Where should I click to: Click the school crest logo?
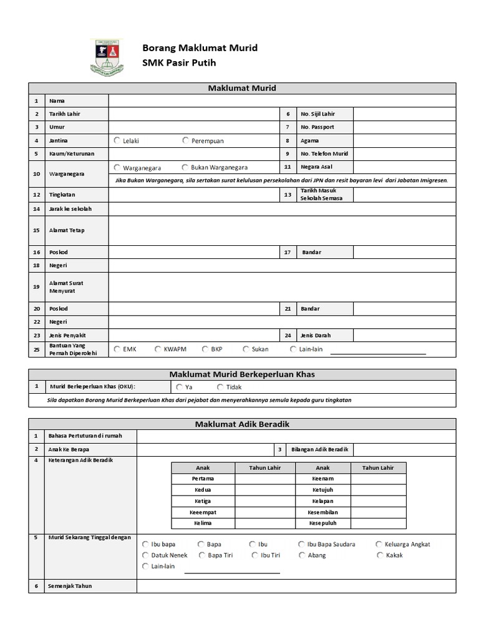107,57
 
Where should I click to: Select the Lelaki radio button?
117,140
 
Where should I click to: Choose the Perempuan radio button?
186,140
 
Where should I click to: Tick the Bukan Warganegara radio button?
185,167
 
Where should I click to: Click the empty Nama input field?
282,100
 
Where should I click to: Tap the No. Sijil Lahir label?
317,114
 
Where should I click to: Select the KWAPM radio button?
158,349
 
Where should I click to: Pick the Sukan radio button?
246,349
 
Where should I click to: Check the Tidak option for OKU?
220,388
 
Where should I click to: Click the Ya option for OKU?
180,388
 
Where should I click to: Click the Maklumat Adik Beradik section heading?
242,424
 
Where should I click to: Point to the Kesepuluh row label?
322,523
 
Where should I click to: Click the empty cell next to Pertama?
265,479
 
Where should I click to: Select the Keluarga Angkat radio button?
379,544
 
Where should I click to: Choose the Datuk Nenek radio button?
145,555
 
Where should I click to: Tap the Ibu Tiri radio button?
255,555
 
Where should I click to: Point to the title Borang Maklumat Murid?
200,48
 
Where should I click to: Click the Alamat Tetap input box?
282,230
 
